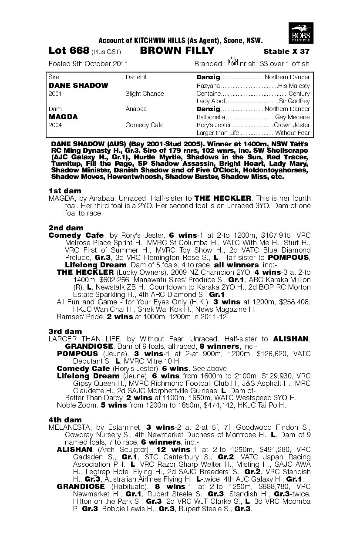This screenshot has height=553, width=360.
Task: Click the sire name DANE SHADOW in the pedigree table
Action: coord(78,85)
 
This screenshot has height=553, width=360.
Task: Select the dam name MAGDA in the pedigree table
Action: coord(63,117)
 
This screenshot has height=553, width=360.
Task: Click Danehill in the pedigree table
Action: coord(137,78)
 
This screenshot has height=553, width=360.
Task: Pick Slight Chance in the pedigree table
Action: coord(145,94)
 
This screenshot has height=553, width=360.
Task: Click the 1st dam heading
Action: coord(65,191)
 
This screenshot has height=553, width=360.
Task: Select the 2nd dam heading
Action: coord(66,228)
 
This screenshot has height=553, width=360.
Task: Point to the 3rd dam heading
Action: coord(65,332)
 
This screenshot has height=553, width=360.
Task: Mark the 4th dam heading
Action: coord(65,419)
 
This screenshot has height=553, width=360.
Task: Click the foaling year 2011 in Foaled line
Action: coord(120,64)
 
